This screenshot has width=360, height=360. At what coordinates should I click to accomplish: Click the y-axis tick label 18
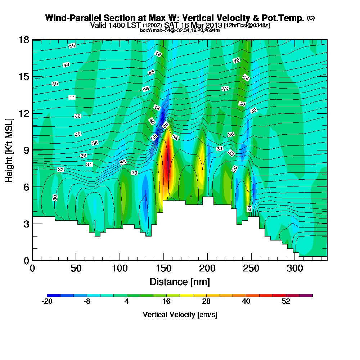(x=24, y=40)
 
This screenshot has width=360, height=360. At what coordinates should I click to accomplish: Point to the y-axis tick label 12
(x=24, y=113)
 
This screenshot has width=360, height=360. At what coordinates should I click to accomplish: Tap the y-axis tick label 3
(x=26, y=224)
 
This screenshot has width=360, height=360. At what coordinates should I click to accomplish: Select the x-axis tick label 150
(x=164, y=269)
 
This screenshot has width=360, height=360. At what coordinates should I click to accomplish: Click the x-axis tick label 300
(x=295, y=269)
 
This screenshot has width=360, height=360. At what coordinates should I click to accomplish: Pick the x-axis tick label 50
(x=76, y=269)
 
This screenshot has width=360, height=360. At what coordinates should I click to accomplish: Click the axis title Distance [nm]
(x=180, y=282)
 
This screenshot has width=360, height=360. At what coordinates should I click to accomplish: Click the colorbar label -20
(x=47, y=302)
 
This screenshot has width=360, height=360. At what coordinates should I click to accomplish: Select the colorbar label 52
(x=286, y=302)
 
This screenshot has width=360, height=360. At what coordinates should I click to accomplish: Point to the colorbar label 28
(x=206, y=302)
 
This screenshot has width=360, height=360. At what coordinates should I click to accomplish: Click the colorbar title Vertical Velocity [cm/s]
(x=180, y=315)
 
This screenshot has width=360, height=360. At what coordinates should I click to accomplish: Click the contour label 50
(x=72, y=46)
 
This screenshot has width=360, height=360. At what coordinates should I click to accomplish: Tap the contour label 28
(x=249, y=209)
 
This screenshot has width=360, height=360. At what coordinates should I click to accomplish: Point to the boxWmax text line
(x=180, y=30)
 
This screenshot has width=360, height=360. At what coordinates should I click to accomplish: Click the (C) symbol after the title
(x=311, y=18)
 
